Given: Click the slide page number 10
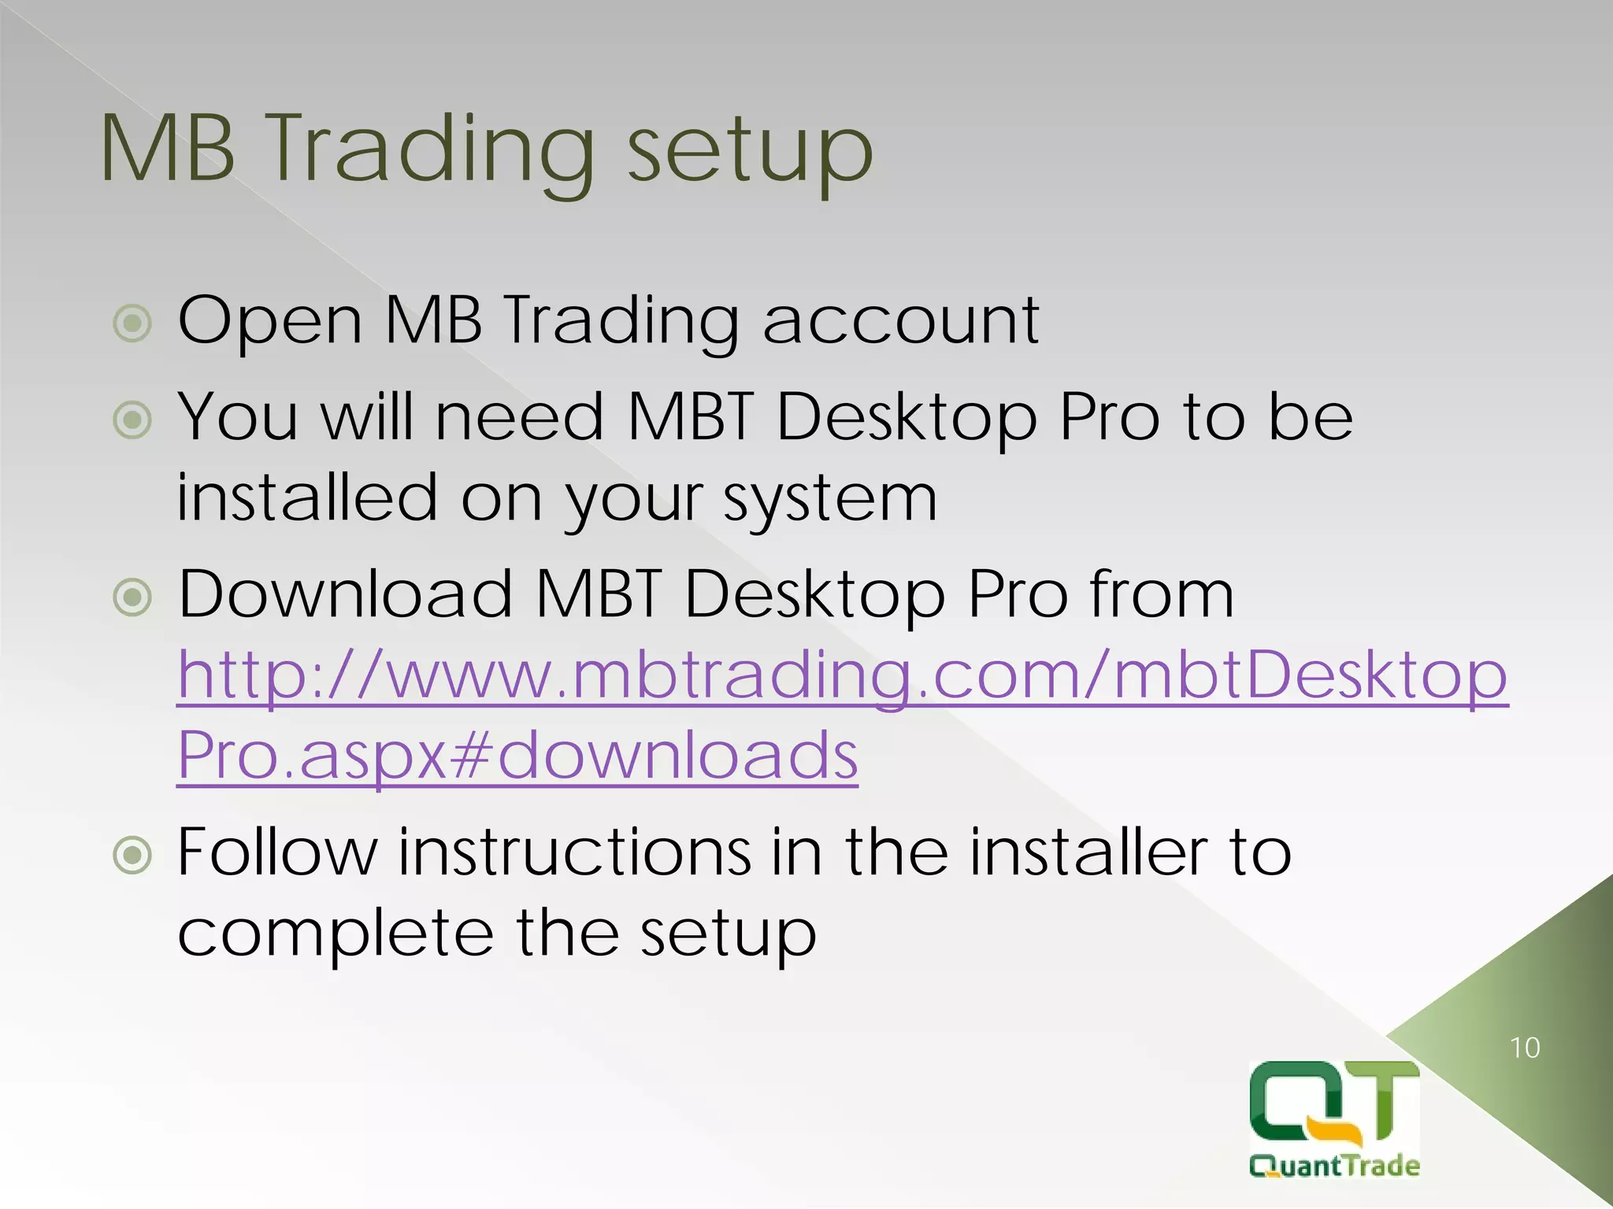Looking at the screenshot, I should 1525,1048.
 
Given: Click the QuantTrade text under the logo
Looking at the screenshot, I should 1334,1165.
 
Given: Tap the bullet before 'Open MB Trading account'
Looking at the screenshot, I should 132,323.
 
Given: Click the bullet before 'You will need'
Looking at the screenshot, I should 132,420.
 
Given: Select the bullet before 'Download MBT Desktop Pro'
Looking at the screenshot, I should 132,597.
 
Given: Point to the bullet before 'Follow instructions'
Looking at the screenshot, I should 132,855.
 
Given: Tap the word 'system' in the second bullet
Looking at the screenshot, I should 830,501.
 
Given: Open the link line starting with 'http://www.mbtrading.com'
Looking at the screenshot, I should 842,675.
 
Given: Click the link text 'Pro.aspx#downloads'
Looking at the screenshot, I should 517,756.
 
